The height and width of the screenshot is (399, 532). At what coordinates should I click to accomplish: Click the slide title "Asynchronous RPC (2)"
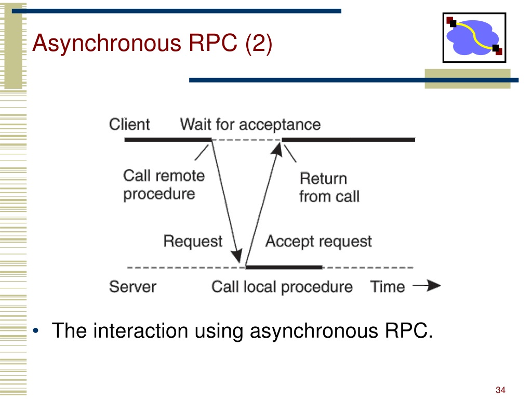[x=152, y=43]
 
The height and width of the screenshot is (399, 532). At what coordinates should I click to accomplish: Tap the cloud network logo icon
[x=474, y=37]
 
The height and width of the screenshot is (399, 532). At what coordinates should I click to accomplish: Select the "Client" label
[x=129, y=124]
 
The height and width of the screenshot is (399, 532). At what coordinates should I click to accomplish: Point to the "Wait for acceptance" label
[x=250, y=125]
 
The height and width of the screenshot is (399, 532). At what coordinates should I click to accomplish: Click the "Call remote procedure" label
[x=164, y=185]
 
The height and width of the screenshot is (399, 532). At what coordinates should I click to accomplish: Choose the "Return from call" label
[x=329, y=188]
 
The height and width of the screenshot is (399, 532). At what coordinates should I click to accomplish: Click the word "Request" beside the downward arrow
[x=193, y=241]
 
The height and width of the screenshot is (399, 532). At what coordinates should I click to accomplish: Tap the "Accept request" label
[x=318, y=241]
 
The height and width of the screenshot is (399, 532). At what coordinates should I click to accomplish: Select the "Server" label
[x=132, y=287]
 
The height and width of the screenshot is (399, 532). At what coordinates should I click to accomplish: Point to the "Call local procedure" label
[x=282, y=287]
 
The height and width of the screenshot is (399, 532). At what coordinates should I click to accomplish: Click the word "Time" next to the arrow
[x=388, y=287]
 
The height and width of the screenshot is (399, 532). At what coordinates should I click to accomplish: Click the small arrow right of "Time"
[x=427, y=286]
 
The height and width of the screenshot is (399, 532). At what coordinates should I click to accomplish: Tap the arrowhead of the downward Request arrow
[x=237, y=256]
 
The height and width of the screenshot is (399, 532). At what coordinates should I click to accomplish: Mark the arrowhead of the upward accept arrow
[x=277, y=149]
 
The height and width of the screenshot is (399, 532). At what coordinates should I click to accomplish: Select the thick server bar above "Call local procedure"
[x=284, y=268]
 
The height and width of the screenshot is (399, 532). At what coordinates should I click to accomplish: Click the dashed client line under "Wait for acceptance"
[x=247, y=140]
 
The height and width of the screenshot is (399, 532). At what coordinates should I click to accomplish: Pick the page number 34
[x=500, y=390]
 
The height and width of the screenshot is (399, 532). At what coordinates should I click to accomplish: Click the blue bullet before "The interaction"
[x=36, y=330]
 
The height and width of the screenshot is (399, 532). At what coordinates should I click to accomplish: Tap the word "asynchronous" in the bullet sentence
[x=314, y=331]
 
